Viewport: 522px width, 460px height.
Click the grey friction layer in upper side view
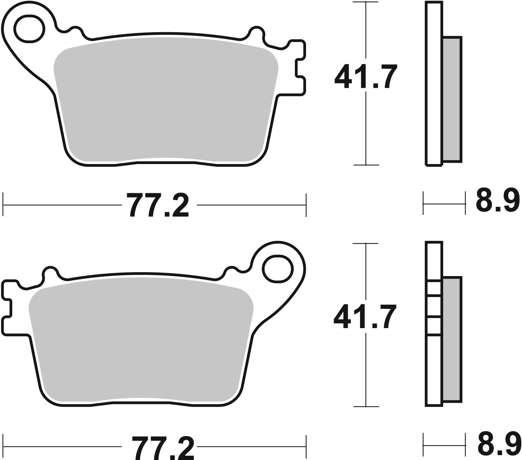[x=452, y=99]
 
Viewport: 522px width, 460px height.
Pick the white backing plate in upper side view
[x=434, y=83]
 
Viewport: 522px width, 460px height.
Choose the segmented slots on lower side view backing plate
[x=434, y=308]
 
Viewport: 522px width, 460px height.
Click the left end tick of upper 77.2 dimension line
[x=3, y=205]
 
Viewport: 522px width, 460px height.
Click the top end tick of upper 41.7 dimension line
[x=365, y=2]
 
